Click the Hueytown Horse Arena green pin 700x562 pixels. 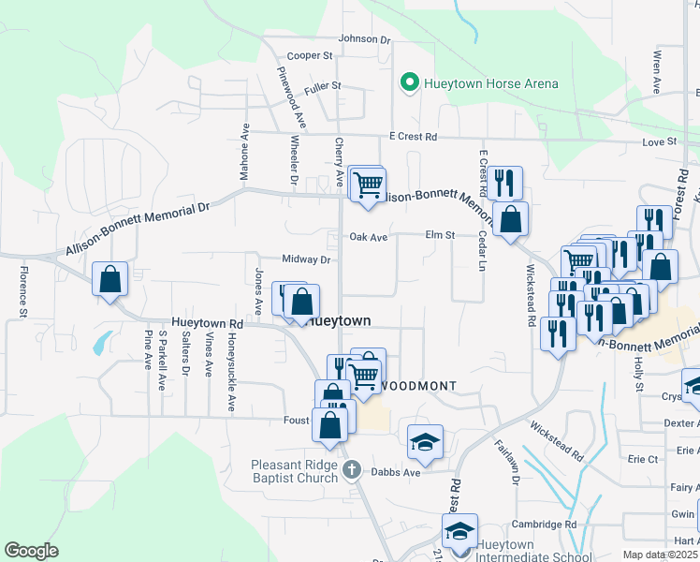pos(409,83)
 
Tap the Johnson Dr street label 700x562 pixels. pos(364,39)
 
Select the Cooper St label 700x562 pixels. pos(310,56)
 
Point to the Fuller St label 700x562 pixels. pos(323,86)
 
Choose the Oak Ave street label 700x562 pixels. pos(368,238)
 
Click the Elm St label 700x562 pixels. pos(439,235)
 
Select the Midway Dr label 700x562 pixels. pos(307,259)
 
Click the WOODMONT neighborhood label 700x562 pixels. pos(419,386)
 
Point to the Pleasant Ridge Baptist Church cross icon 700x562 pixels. pos(352,469)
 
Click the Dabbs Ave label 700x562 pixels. pos(398,472)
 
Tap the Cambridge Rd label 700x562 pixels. pos(544,525)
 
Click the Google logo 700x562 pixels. pos(32,550)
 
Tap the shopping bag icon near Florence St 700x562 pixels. pos(109,278)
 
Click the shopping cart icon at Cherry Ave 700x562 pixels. pos(368,184)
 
